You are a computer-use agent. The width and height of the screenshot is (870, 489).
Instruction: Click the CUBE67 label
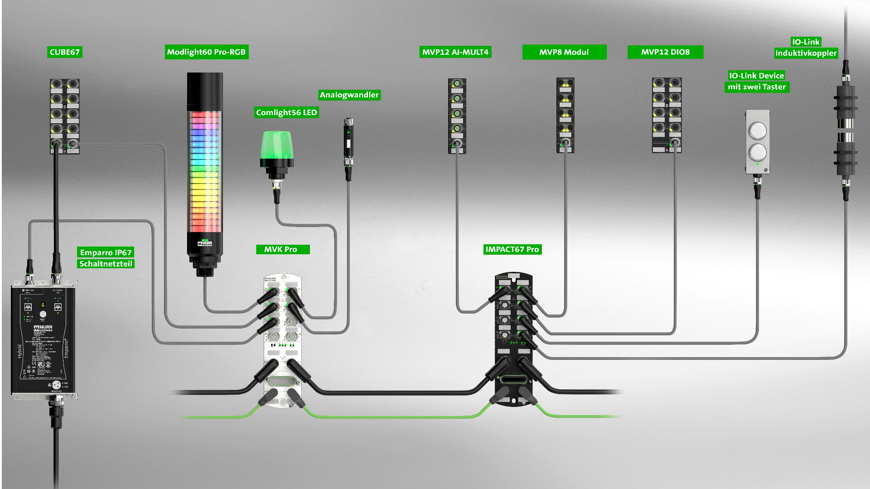[x=64, y=52]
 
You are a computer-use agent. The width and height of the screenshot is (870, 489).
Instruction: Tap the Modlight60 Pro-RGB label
[x=206, y=52]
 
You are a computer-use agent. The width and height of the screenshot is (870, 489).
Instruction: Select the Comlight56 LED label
[x=286, y=112]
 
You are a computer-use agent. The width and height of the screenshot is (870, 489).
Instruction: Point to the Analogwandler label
[x=349, y=95]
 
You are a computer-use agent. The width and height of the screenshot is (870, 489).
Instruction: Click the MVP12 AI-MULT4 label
[x=455, y=52]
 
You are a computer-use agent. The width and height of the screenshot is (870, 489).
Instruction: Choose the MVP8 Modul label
[x=564, y=52]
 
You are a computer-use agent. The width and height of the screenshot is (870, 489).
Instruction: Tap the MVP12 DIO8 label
[x=665, y=52]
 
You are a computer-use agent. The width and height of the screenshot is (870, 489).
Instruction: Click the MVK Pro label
[x=281, y=249]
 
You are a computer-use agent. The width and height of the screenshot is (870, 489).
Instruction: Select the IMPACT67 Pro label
[x=512, y=249]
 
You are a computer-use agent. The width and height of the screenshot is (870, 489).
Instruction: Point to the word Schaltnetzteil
[x=106, y=264]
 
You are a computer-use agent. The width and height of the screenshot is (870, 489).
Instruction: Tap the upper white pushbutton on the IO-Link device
[x=757, y=131]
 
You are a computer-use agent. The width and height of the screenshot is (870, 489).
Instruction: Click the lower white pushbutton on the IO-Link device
[x=757, y=152]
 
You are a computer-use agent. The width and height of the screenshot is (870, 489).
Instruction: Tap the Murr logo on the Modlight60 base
[x=205, y=244]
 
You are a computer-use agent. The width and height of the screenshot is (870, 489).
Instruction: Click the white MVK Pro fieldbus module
[x=282, y=340]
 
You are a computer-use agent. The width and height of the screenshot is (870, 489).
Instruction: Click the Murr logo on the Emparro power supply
[x=43, y=327]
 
